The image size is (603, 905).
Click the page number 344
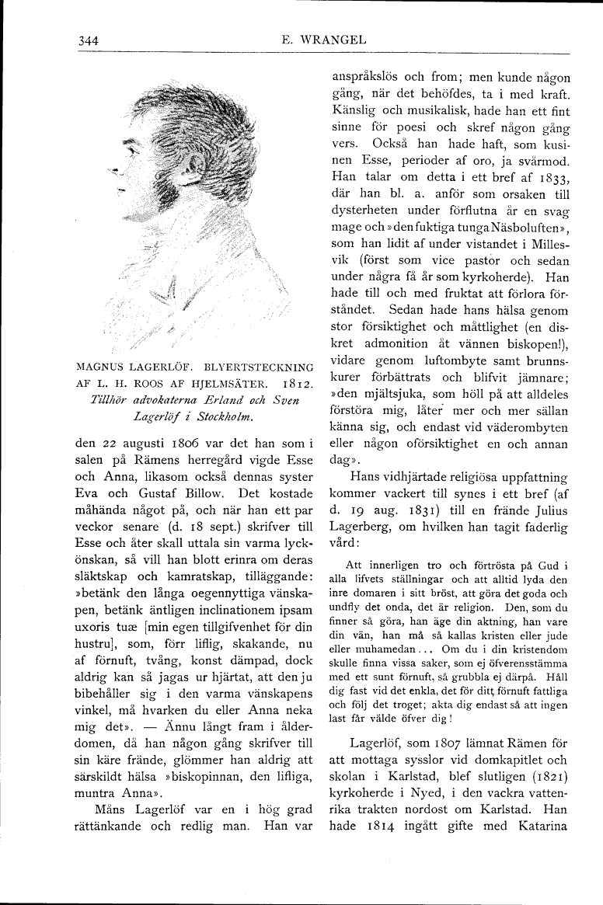click(x=89, y=41)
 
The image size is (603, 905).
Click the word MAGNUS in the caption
click(x=105, y=366)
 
